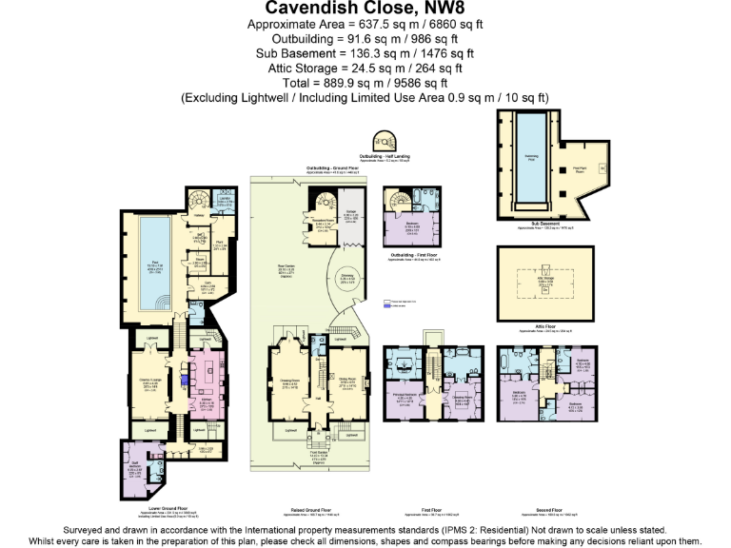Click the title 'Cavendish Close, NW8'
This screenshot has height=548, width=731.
coord(365,10)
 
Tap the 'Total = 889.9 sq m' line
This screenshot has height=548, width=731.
coord(365,83)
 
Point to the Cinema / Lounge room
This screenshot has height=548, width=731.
coord(150,383)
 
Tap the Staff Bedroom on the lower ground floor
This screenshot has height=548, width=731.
coord(136,469)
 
